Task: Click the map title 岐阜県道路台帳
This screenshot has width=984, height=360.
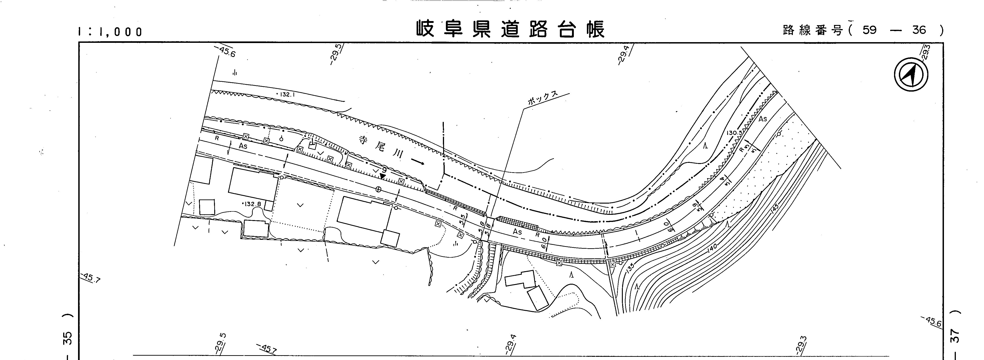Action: tap(510, 29)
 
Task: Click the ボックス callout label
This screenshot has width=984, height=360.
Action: tap(542, 99)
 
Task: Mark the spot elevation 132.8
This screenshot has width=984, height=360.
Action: tap(252, 204)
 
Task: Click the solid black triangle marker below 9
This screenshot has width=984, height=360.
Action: tap(382, 176)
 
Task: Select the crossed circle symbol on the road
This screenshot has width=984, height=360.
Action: tap(379, 189)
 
